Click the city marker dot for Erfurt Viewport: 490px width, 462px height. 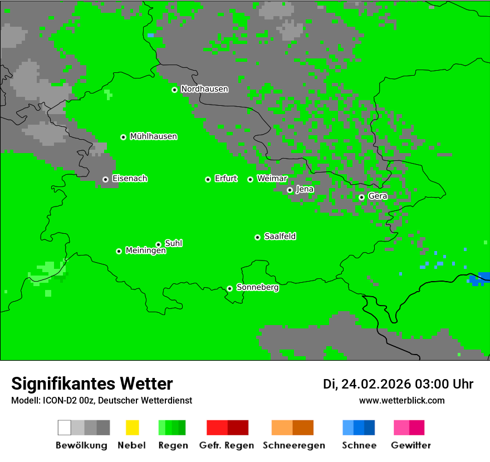(208, 179)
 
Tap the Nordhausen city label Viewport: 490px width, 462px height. (204, 89)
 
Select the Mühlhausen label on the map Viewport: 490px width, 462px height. (153, 136)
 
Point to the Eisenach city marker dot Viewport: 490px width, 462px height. (105, 179)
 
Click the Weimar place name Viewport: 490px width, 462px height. (272, 179)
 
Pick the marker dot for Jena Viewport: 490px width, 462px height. (290, 190)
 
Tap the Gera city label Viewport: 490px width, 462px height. (378, 196)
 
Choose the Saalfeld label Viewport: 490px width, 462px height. (280, 237)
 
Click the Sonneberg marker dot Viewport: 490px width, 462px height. (229, 288)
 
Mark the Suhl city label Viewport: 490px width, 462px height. (173, 243)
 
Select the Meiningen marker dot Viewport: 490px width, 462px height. (119, 251)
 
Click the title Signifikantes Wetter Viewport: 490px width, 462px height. (92, 384)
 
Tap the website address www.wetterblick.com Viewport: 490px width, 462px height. (401, 400)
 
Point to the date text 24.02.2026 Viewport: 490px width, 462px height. (376, 384)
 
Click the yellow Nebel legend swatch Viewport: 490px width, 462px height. (132, 427)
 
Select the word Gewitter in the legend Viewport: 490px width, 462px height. (410, 445)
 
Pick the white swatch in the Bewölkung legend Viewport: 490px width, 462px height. (65, 427)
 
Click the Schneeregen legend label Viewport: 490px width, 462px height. (293, 445)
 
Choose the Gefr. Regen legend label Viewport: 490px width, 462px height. (226, 445)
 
